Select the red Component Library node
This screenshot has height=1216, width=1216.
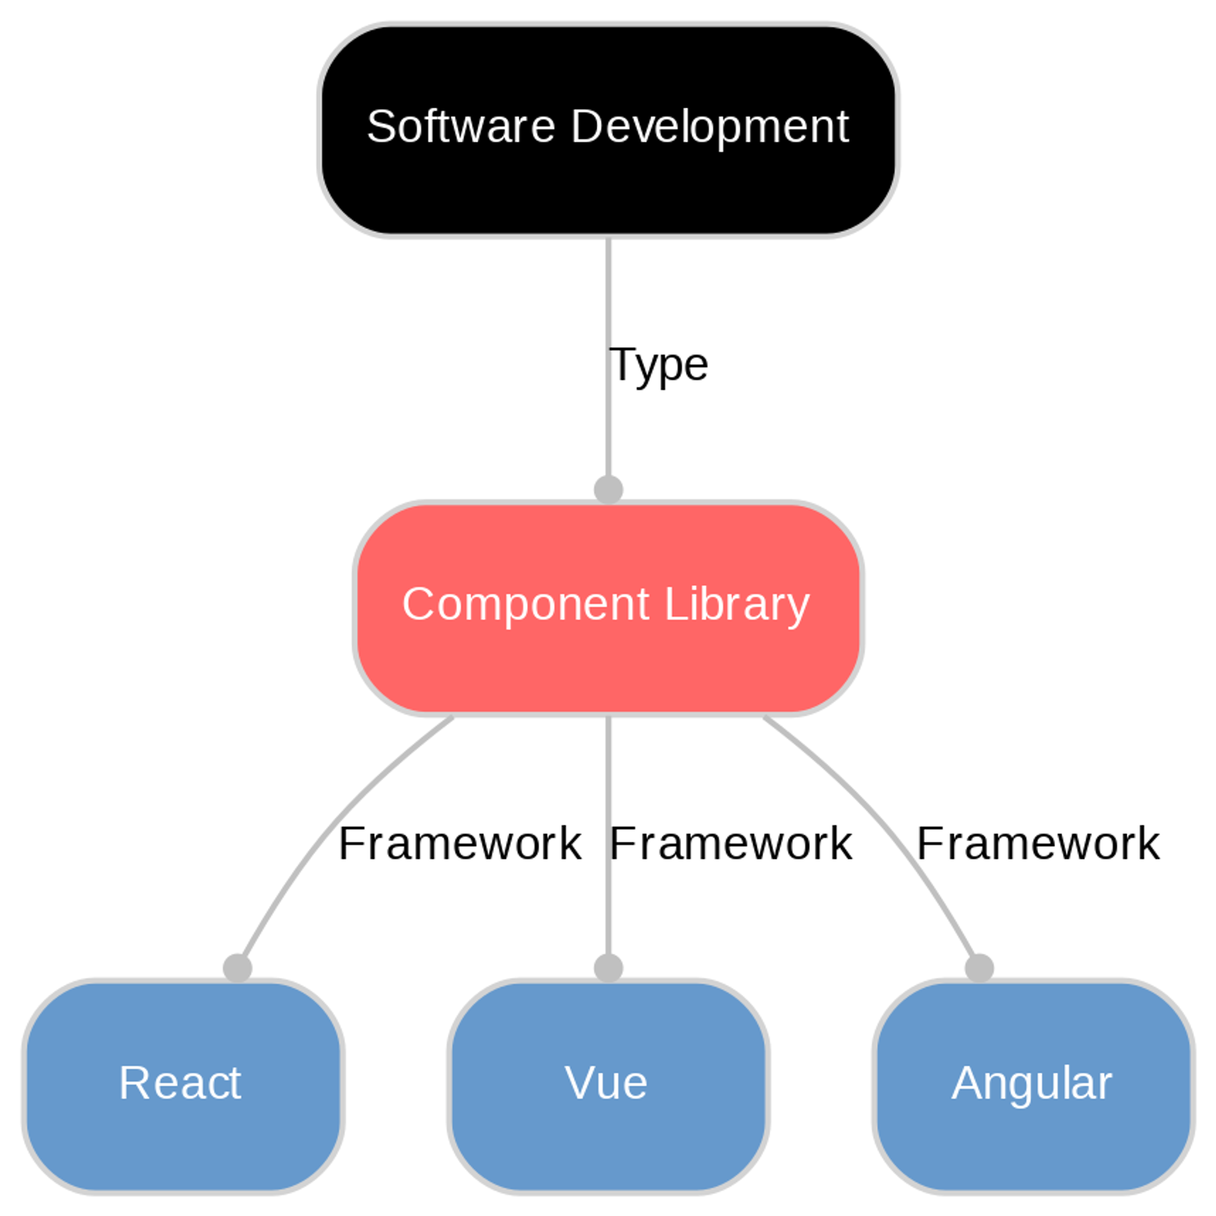pyautogui.click(x=608, y=665)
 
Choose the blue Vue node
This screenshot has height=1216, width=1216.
pyautogui.click(x=608, y=1140)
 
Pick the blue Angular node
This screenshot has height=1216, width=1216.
pyautogui.click(x=1032, y=1140)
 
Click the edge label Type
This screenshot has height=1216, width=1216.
pyautogui.click(x=658, y=365)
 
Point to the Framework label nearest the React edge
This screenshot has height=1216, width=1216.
pyautogui.click(x=460, y=844)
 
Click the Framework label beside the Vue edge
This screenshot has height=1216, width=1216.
pyautogui.click(x=730, y=844)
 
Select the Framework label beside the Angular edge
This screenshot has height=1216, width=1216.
pyautogui.click(x=1038, y=844)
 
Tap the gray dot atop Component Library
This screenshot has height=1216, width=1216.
pyautogui.click(x=608, y=490)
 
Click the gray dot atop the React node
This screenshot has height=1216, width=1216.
pyautogui.click(x=237, y=968)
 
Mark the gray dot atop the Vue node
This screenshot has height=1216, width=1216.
pyautogui.click(x=608, y=968)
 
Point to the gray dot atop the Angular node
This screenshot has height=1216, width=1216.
pyautogui.click(x=979, y=968)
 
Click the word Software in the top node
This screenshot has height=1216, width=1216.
pyautogui.click(x=460, y=127)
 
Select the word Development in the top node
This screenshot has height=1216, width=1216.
pyautogui.click(x=709, y=127)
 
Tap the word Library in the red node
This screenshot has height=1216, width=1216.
pyautogui.click(x=737, y=604)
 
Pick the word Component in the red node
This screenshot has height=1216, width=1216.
pyautogui.click(x=526, y=604)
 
